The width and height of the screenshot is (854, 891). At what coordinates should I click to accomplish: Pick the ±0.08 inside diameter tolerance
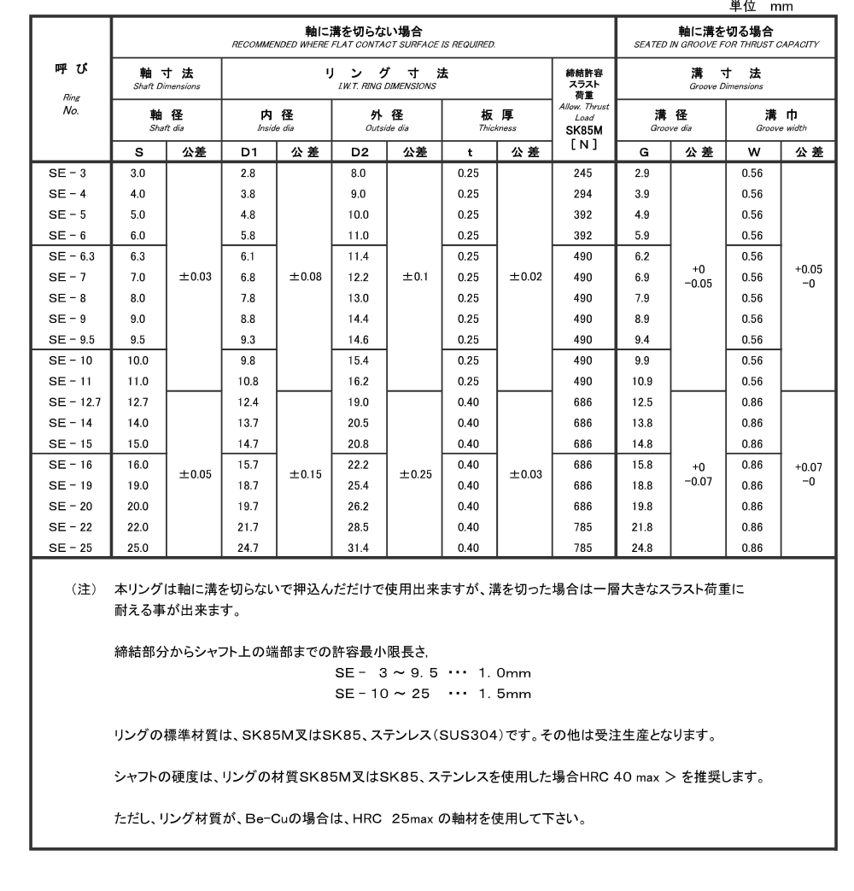click(x=304, y=277)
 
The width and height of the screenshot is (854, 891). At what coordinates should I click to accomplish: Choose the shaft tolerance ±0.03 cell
click(x=193, y=277)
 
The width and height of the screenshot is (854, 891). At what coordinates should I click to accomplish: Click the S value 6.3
click(x=137, y=255)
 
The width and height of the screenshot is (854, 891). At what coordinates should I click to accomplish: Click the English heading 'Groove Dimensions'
click(x=726, y=86)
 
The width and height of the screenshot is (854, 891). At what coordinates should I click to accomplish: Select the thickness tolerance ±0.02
click(x=524, y=277)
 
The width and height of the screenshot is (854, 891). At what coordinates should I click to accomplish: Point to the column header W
click(x=752, y=152)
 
